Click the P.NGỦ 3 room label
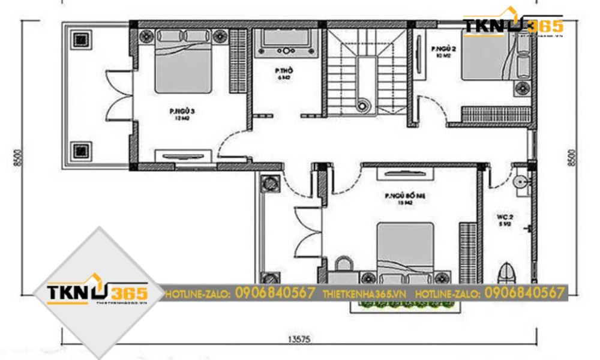pyautogui.click(x=179, y=114)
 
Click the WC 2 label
pyautogui.click(x=503, y=218)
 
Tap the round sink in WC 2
pyautogui.click(x=521, y=182)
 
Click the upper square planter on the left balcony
pyautogui.click(x=80, y=41)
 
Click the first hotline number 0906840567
pyautogui.click(x=275, y=293)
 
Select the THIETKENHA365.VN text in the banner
pyautogui.click(x=364, y=294)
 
